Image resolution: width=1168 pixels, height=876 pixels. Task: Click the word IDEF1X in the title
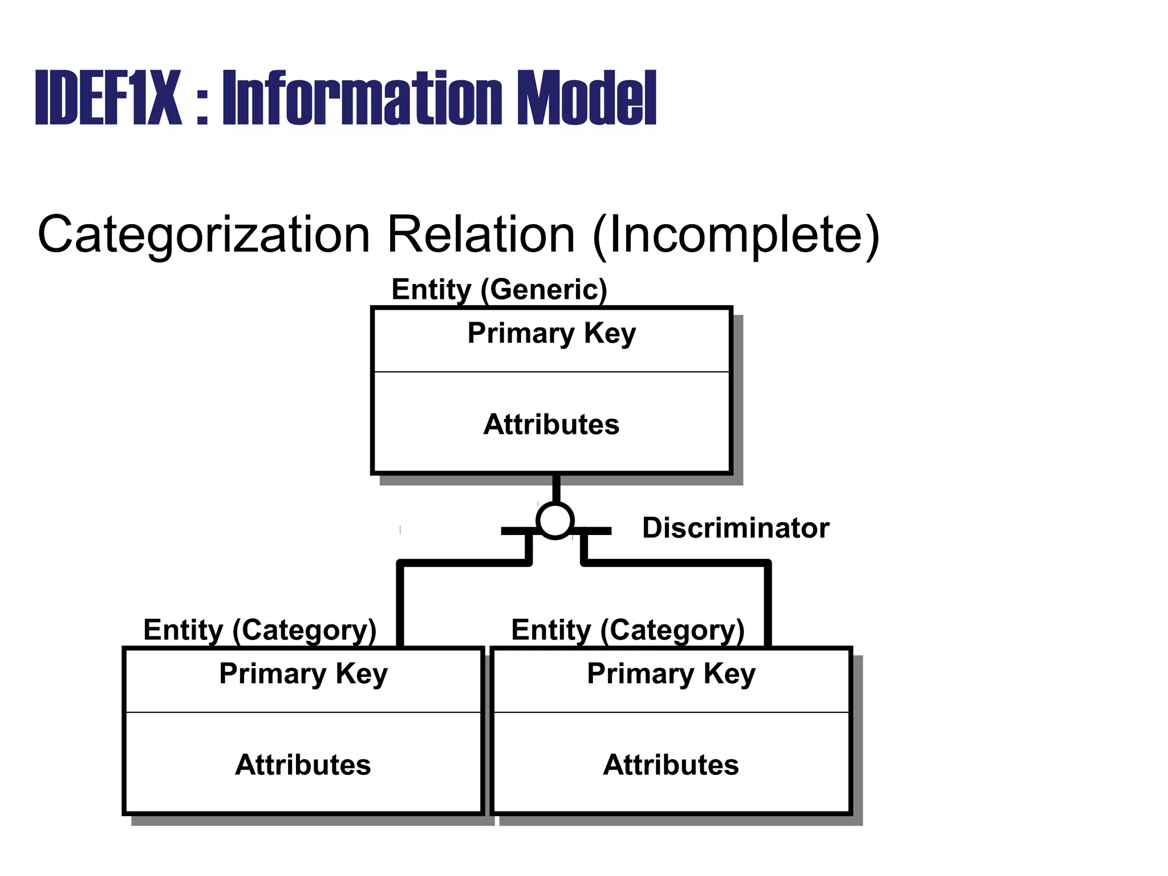tap(108, 98)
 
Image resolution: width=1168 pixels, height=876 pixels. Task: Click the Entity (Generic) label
tap(499, 289)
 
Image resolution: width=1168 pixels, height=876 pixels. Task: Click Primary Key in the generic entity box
tap(551, 333)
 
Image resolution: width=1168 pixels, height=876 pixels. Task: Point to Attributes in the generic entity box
tap(551, 424)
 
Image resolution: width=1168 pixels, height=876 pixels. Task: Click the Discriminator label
tap(736, 528)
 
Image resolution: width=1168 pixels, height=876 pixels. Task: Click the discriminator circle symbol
tap(555, 520)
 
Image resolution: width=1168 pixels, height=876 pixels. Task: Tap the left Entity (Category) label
tap(259, 630)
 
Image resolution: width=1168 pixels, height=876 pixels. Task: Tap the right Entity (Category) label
tap(627, 630)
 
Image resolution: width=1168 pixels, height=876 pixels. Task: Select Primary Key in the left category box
tap(303, 674)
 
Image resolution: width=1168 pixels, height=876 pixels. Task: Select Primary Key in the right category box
tap(671, 674)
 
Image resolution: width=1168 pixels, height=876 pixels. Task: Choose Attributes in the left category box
tap(303, 765)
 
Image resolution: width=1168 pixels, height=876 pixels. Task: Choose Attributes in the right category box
tap(671, 765)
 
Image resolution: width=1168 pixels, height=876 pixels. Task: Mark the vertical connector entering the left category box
tap(400, 605)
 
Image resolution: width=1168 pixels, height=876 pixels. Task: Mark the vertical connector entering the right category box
tap(768, 605)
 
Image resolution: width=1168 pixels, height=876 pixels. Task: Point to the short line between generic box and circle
tap(556, 488)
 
